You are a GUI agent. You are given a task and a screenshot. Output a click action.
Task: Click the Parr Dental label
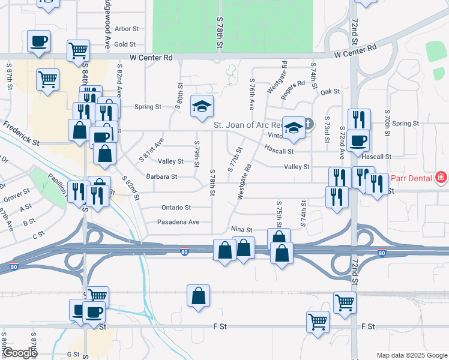(412, 178)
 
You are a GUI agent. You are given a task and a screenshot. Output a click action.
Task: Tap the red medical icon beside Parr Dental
(442, 178)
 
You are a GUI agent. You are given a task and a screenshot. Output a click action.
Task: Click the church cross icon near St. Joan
(309, 124)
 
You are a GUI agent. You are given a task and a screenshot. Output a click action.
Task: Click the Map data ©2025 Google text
(411, 355)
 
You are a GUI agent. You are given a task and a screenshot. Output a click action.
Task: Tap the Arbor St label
(127, 28)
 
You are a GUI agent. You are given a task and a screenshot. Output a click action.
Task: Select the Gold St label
(125, 44)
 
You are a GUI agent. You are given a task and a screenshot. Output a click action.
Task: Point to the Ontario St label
(176, 208)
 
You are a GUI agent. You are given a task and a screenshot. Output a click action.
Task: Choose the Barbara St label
(161, 177)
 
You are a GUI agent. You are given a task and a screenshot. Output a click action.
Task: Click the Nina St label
(241, 229)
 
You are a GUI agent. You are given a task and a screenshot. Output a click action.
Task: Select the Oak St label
(330, 92)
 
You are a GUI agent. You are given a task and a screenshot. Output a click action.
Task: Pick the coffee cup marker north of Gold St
(38, 41)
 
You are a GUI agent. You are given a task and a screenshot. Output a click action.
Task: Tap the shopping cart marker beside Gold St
(79, 50)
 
